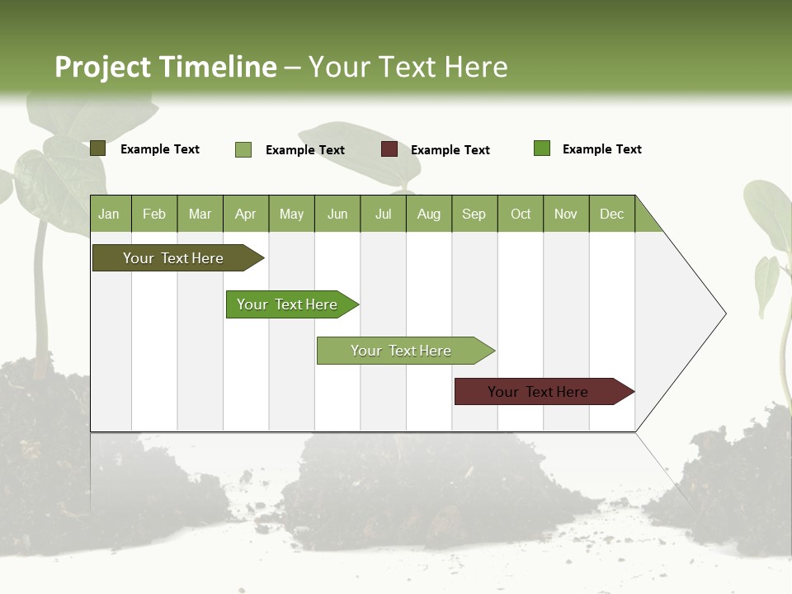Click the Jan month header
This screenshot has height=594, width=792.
[x=110, y=214]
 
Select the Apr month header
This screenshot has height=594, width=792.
[x=246, y=214]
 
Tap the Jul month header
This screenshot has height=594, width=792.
[x=383, y=214]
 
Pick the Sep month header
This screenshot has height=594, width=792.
[x=474, y=214]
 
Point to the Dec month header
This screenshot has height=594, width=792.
[x=611, y=214]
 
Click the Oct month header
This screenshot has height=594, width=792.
[x=520, y=214]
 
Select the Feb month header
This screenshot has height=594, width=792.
[x=154, y=214]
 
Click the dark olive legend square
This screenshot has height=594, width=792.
[x=97, y=148]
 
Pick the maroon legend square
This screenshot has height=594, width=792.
[x=389, y=149]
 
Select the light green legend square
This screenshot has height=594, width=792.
[x=243, y=149]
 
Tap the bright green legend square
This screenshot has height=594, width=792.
[x=542, y=148]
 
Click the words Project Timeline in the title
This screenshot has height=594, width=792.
[x=165, y=67]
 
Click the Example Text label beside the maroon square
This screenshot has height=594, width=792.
[x=450, y=150]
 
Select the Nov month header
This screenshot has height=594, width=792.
[x=566, y=214]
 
